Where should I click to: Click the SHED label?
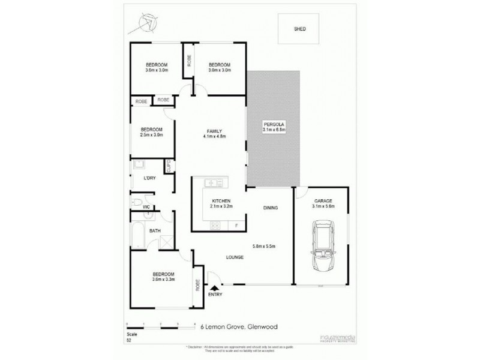298,29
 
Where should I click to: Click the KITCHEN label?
221,201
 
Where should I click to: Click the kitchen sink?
213,183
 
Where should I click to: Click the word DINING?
270,208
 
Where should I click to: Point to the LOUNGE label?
234,257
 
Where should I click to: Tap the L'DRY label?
150,179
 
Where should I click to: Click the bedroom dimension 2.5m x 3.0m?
151,134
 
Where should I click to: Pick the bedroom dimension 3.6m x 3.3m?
163,278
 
